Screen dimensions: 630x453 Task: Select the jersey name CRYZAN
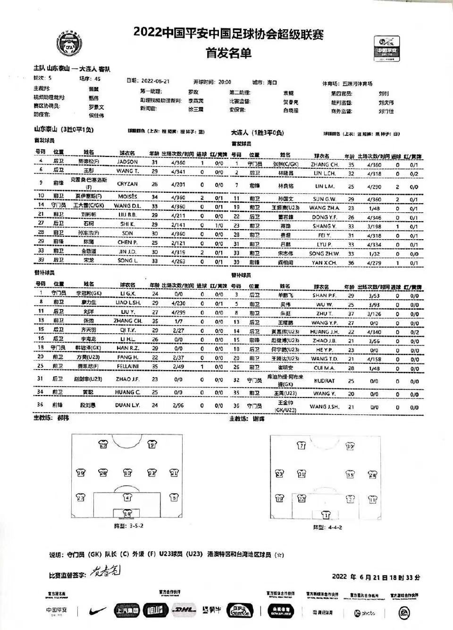(127, 184)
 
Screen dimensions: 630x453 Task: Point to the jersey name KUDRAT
(324, 380)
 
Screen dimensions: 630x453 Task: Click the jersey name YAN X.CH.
(324, 263)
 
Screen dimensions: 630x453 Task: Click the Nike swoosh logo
(97, 611)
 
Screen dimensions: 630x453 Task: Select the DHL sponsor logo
(184, 610)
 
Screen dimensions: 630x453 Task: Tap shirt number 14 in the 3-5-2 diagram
(127, 513)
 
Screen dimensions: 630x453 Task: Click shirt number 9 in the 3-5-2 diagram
(151, 444)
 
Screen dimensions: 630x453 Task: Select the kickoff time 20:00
(225, 82)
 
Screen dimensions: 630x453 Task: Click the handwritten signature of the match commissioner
(105, 571)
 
